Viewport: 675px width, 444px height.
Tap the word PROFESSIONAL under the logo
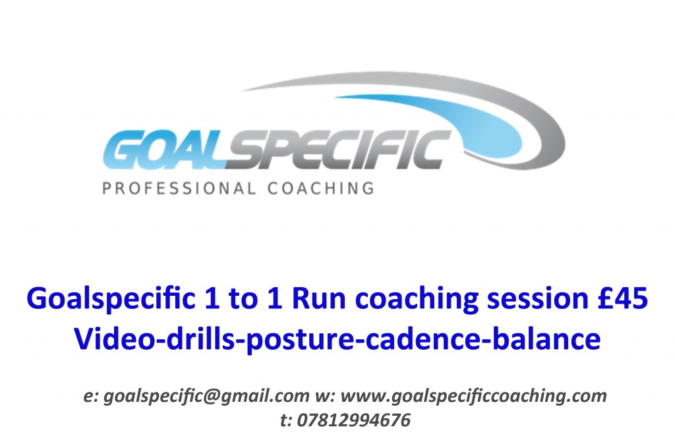pyautogui.click(x=179, y=188)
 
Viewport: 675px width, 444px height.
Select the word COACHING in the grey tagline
pyautogui.click(x=321, y=188)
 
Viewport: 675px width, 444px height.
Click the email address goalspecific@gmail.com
pyautogui.click(x=206, y=397)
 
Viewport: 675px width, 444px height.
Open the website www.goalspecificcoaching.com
pyautogui.click(x=474, y=397)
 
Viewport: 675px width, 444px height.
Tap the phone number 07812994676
pyautogui.click(x=353, y=420)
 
